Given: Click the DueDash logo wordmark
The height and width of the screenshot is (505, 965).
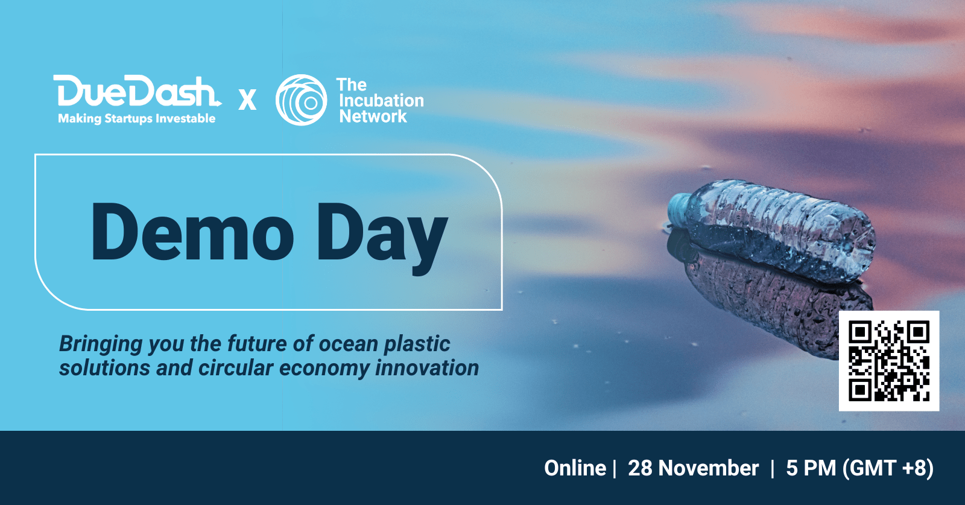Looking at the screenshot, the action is point(137,91).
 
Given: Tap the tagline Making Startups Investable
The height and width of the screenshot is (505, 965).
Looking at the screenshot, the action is point(136,118).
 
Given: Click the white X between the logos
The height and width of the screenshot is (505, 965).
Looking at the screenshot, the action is point(247,100).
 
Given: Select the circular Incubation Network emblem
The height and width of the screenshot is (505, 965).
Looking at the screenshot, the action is point(301,100).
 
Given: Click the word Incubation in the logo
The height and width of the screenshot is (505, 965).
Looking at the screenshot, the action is point(381,100).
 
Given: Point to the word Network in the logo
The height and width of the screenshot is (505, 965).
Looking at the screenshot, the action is point(373,116).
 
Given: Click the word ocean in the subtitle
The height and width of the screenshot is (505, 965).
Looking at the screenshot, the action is point(348,344).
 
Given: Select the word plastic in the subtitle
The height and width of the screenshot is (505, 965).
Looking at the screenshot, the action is point(417,345).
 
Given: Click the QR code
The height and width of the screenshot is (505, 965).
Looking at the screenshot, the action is point(889,361).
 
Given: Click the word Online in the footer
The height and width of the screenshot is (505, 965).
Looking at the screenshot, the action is point(575,468).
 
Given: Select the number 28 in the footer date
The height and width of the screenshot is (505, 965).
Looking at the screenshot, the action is point(640,468).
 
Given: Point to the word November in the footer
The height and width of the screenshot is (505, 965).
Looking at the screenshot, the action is point(708,468).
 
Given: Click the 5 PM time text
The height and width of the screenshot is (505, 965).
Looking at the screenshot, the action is point(811,468).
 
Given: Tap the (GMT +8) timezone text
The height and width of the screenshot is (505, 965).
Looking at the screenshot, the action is point(888,468).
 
